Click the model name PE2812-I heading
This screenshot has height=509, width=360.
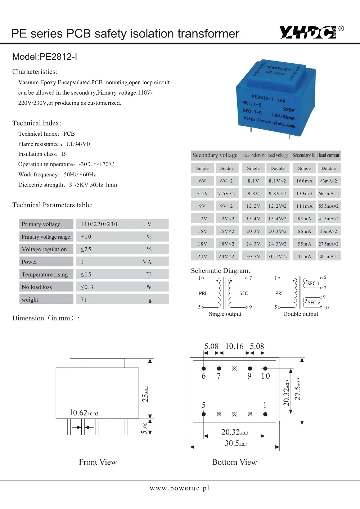[45, 57]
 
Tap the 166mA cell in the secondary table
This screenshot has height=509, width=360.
[304, 181]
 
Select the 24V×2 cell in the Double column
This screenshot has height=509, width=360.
[226, 256]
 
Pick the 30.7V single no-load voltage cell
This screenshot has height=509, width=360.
[253, 256]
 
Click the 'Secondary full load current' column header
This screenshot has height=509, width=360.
[316, 155]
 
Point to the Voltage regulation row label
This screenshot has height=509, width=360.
[44, 249]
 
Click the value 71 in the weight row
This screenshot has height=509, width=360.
[84, 299]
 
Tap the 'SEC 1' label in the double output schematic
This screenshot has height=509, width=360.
[313, 283]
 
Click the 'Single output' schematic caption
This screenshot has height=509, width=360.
[225, 314]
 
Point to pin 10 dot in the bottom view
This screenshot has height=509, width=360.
[265, 368]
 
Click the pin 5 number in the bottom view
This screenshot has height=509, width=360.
[203, 405]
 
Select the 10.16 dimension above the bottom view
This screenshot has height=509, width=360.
[234, 346]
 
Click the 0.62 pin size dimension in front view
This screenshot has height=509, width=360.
[85, 413]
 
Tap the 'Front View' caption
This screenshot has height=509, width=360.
[98, 462]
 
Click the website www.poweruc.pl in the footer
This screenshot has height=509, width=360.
[179, 488]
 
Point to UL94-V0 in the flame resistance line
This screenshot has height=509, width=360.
[78, 144]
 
